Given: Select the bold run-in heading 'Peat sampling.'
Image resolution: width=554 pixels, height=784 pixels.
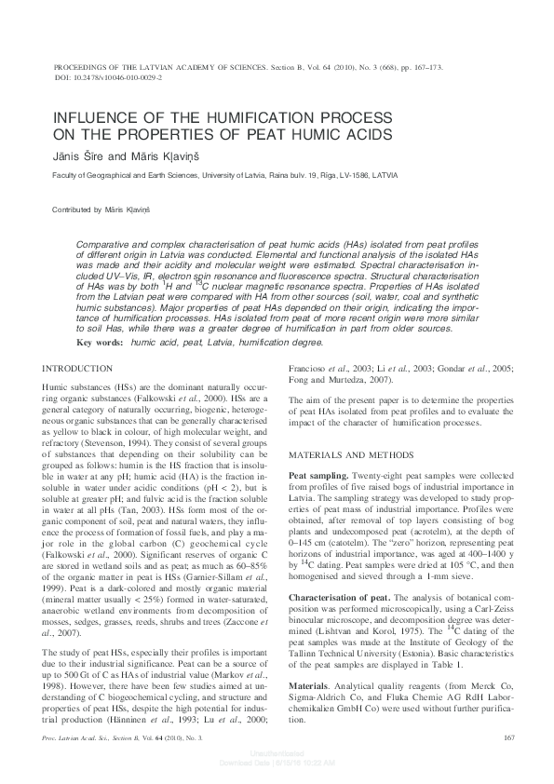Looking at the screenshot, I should (320, 475).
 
